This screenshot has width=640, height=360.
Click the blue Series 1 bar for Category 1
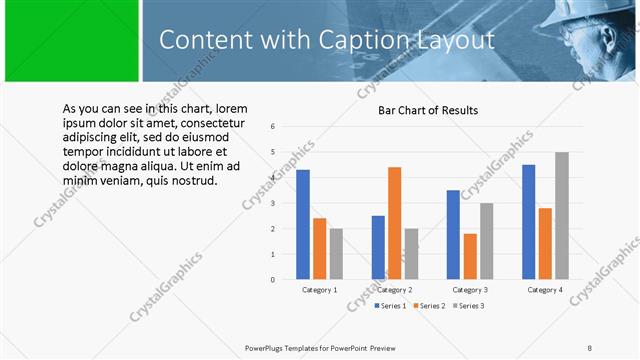click(x=303, y=225)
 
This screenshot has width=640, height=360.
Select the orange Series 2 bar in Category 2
click(x=394, y=223)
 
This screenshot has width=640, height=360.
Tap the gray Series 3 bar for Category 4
click(x=562, y=216)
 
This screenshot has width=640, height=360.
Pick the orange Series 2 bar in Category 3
click(x=470, y=256)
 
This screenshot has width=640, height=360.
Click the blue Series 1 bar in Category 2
click(x=378, y=247)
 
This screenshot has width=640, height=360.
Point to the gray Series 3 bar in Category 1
click(x=336, y=254)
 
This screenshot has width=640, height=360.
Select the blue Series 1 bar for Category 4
click(x=529, y=222)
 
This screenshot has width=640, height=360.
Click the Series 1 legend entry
click(x=391, y=304)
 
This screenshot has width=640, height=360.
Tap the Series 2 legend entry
click(x=429, y=304)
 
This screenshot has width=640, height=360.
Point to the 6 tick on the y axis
click(x=273, y=127)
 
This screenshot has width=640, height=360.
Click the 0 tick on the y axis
click(x=273, y=280)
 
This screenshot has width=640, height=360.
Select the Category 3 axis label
click(x=469, y=290)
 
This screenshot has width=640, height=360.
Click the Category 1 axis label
click(x=320, y=290)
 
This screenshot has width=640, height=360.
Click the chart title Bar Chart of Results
click(x=427, y=110)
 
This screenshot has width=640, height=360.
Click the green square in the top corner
click(x=70, y=41)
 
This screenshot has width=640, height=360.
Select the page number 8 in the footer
click(x=590, y=347)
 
